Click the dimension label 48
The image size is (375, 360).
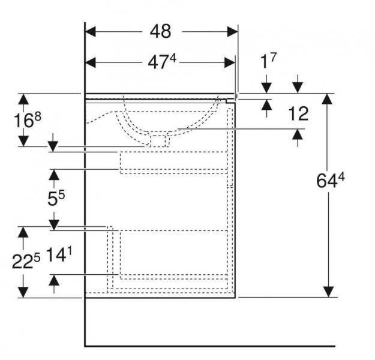coord(160,31)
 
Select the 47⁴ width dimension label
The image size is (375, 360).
coord(162,62)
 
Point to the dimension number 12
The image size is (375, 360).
coord(298,114)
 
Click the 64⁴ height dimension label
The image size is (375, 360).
coord(331,180)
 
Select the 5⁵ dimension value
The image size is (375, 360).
coord(56,198)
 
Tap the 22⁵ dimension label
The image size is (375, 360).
coord(26,261)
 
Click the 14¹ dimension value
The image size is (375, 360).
coord(59,254)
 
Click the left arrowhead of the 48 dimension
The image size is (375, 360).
coord(91,32)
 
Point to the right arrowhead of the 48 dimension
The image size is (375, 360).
coord(232,32)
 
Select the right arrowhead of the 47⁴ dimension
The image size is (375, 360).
coord(230,62)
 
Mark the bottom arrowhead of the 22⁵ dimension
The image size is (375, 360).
coord(23,292)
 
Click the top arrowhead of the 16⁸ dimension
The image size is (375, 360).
coord(23,99)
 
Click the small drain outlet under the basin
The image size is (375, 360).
coord(158,141)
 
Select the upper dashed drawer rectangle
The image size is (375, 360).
coord(174,163)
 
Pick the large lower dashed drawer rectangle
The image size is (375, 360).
coord(174,254)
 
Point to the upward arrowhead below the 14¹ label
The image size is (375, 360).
coord(54,280)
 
